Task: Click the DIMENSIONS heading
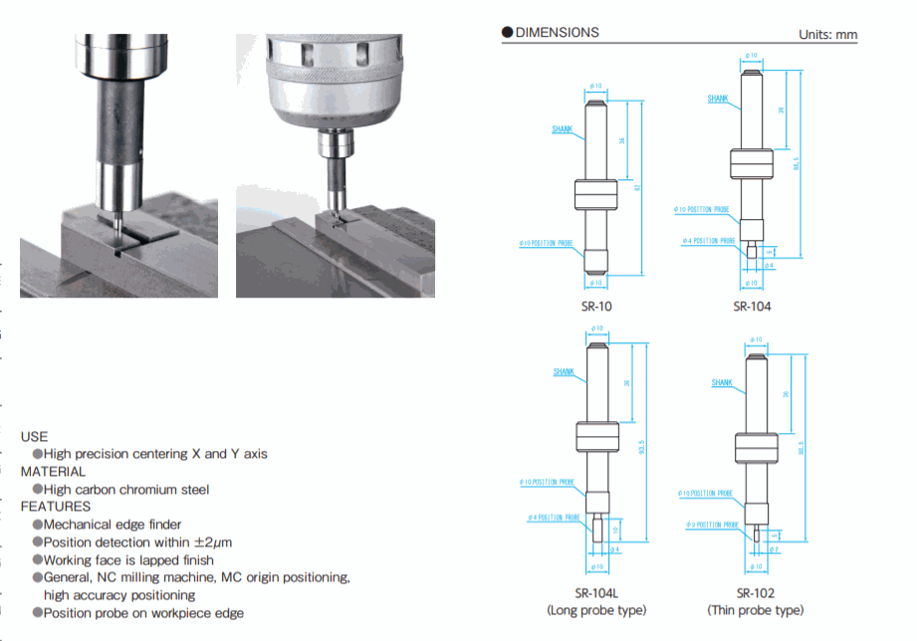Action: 557,33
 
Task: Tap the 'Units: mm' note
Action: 827,35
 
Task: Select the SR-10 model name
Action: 596,306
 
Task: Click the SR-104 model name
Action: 752,306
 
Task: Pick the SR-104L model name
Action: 596,591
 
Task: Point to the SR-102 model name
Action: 755,591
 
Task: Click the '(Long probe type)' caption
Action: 596,610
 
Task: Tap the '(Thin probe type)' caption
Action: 755,610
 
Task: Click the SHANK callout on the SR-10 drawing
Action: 562,130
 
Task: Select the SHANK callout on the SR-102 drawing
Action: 722,383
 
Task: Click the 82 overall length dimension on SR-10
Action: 635,187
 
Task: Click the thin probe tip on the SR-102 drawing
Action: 755,534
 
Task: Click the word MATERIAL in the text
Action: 53,472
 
